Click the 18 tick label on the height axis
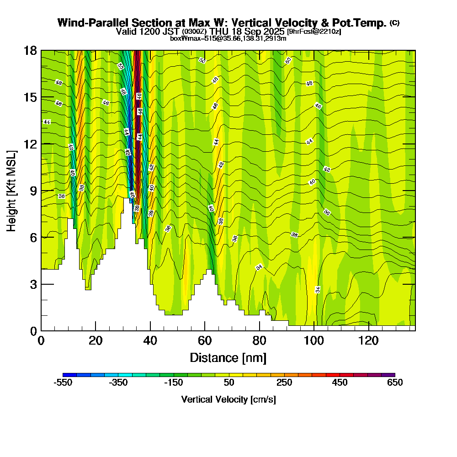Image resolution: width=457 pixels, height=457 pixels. pyautogui.click(x=30, y=50)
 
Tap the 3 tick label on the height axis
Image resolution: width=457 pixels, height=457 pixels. pyautogui.click(x=33, y=284)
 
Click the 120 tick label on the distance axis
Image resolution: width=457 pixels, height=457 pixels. pyautogui.click(x=368, y=340)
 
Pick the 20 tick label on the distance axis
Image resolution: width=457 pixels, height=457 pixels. pyautogui.click(x=96, y=340)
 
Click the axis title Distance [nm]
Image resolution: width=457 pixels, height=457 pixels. pyautogui.click(x=228, y=357)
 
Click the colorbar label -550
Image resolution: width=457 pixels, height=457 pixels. pyautogui.click(x=63, y=383)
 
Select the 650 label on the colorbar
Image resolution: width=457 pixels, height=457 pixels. pyautogui.click(x=395, y=383)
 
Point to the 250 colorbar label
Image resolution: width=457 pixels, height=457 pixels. pyautogui.click(x=284, y=383)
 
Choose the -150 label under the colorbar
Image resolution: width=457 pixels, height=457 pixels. pyautogui.click(x=174, y=383)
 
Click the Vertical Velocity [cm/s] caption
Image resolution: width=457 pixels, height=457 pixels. pyautogui.click(x=228, y=399)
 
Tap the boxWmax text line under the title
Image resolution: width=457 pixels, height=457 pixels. pyautogui.click(x=228, y=38)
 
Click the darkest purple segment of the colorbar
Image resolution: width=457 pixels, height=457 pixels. pyautogui.click(x=388, y=375)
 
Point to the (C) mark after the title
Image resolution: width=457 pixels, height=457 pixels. pyautogui.click(x=394, y=23)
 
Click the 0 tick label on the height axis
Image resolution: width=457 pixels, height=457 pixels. pyautogui.click(x=33, y=331)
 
